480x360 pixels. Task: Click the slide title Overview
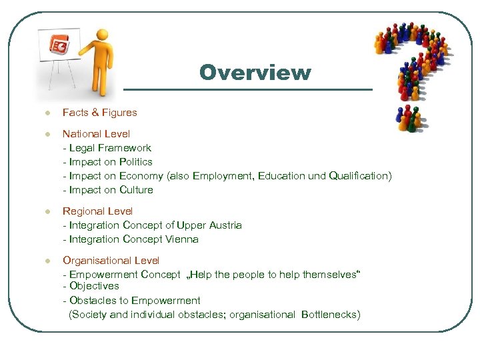click(255, 72)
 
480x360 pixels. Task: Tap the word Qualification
click(359, 176)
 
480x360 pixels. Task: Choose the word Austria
click(223, 225)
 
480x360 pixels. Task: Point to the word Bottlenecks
click(329, 314)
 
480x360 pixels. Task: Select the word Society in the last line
click(89, 314)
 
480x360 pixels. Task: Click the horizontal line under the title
click(248, 89)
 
